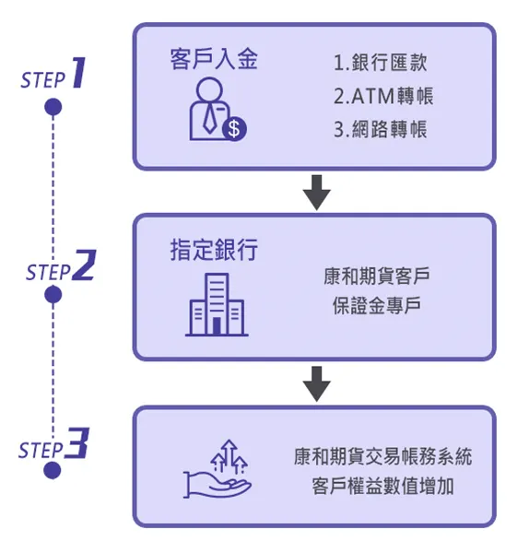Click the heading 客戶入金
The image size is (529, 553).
(214, 61)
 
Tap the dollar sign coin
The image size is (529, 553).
(235, 129)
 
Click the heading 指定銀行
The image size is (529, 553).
(214, 249)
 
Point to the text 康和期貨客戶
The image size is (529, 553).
(376, 276)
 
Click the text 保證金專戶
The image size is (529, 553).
(376, 306)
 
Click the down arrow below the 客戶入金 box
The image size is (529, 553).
(316, 192)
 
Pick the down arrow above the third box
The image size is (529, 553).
(316, 382)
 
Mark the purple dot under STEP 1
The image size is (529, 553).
(53, 108)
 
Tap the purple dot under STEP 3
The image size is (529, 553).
(53, 471)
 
